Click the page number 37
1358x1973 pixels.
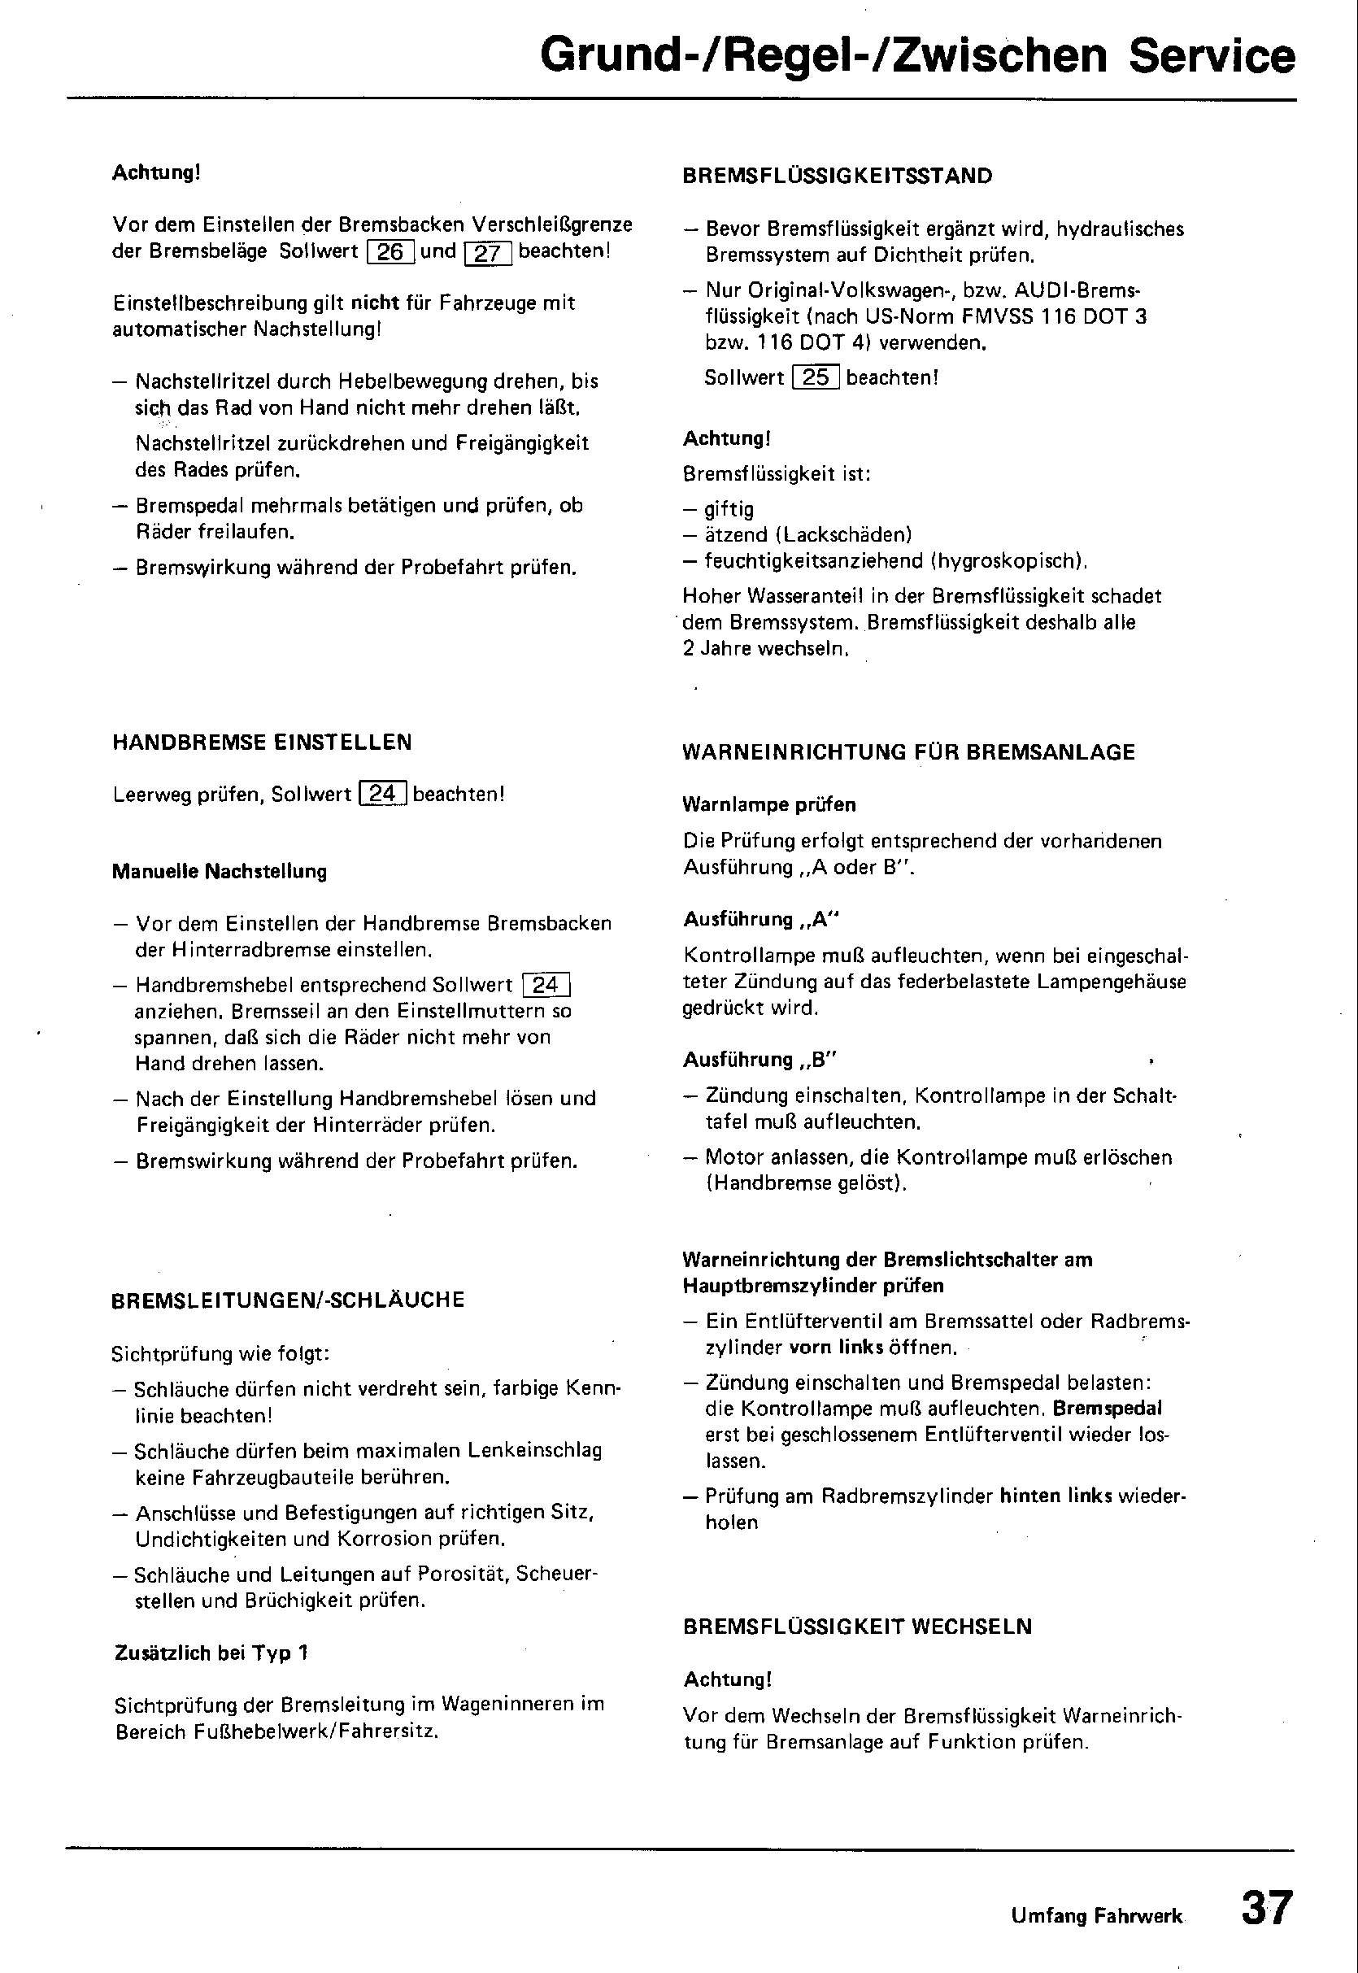[1267, 1906]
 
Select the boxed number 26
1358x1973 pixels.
[390, 253]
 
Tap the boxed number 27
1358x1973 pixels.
[488, 254]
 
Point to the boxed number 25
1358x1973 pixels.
[815, 377]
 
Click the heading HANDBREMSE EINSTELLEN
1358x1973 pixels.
[262, 742]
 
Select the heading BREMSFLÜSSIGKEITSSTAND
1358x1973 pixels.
[838, 176]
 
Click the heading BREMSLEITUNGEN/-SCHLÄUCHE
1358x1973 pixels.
[289, 1300]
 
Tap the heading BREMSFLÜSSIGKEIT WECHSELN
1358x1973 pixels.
[858, 1627]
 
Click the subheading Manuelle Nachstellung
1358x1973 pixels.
[220, 871]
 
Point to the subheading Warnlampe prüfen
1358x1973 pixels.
[769, 804]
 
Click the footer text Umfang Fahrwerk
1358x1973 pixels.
[1097, 1916]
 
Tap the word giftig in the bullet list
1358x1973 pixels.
[729, 510]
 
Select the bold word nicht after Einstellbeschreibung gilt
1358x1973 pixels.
[375, 303]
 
